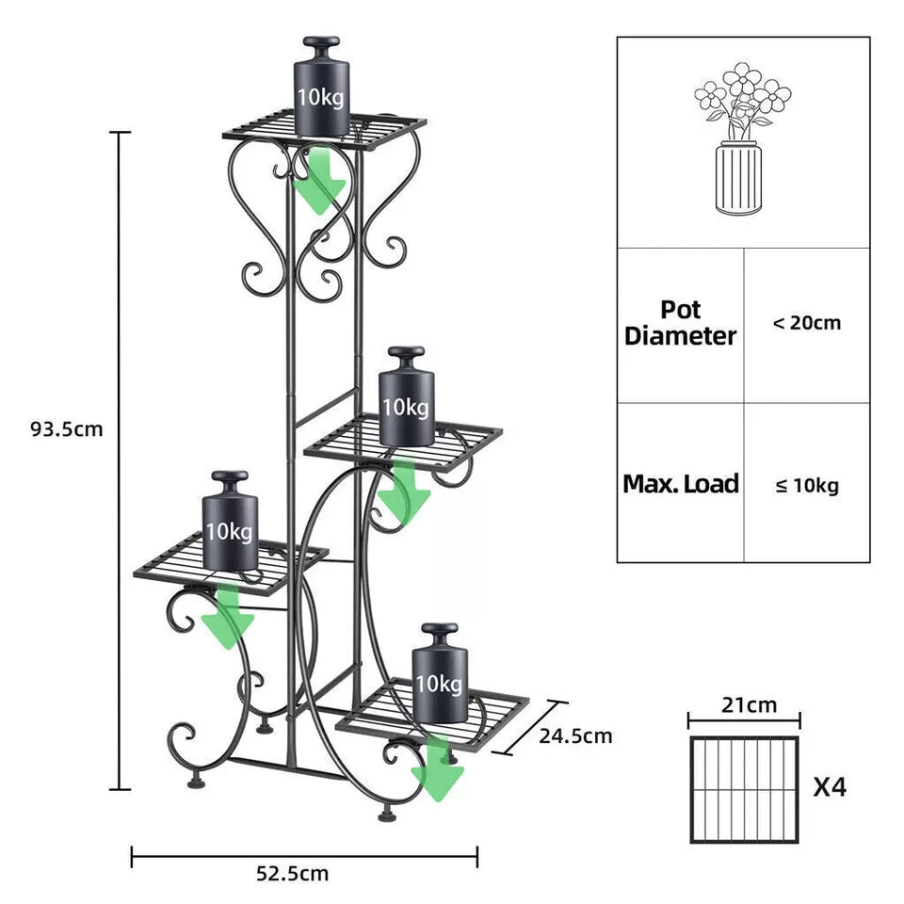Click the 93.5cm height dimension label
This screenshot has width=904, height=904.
tap(66, 429)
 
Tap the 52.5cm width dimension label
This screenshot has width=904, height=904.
tap(293, 873)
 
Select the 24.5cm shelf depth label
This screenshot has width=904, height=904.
tap(575, 735)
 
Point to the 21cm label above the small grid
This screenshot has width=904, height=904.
tap(744, 704)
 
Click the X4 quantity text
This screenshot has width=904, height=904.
tap(830, 786)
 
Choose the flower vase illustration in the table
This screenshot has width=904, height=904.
tap(742, 141)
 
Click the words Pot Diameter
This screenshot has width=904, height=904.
tap(680, 323)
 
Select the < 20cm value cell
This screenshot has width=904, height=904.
tap(807, 323)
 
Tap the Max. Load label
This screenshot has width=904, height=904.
tap(680, 484)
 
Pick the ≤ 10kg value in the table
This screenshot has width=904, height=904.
tap(807, 485)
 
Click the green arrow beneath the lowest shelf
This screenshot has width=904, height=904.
tap(438, 770)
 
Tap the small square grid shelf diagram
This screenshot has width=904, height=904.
tap(744, 789)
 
